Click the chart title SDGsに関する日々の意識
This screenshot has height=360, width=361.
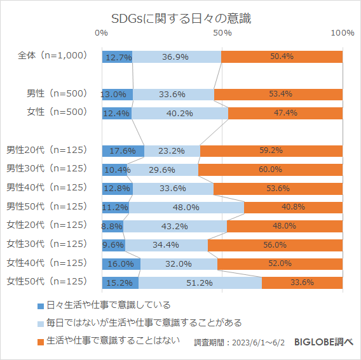point(180,18)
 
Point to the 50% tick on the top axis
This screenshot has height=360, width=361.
point(222,33)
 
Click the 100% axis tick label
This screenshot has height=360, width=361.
point(343,33)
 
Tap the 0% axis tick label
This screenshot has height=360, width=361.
point(101,33)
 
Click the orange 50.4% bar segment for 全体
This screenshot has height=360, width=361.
point(282,57)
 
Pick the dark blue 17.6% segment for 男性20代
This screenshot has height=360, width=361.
point(123,150)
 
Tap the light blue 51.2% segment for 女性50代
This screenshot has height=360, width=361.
point(200,283)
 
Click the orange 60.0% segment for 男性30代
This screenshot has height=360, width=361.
point(270,170)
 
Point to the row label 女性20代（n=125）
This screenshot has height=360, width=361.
point(46,225)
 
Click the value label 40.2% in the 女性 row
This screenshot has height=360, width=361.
point(180,113)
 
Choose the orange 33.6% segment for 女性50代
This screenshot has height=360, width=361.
point(302,283)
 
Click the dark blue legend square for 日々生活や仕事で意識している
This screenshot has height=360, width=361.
point(41,305)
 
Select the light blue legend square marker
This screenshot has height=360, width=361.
point(41,323)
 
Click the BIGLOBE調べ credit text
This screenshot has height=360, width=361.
point(324,342)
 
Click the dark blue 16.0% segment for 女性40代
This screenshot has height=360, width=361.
point(121,263)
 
